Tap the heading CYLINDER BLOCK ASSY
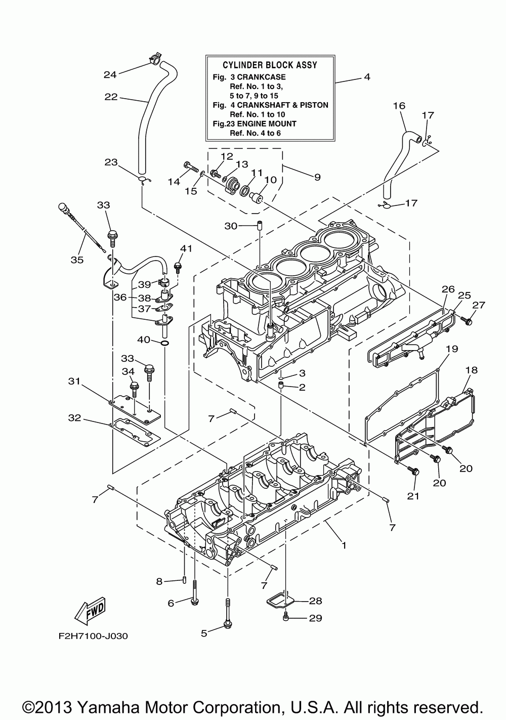270,65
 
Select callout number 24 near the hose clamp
110,74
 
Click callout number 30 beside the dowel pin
231,226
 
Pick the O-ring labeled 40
164,344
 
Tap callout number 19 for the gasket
452,349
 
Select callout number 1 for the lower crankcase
344,545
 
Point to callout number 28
316,601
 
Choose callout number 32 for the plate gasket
74,417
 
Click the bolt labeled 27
466,320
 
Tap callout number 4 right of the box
367,77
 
